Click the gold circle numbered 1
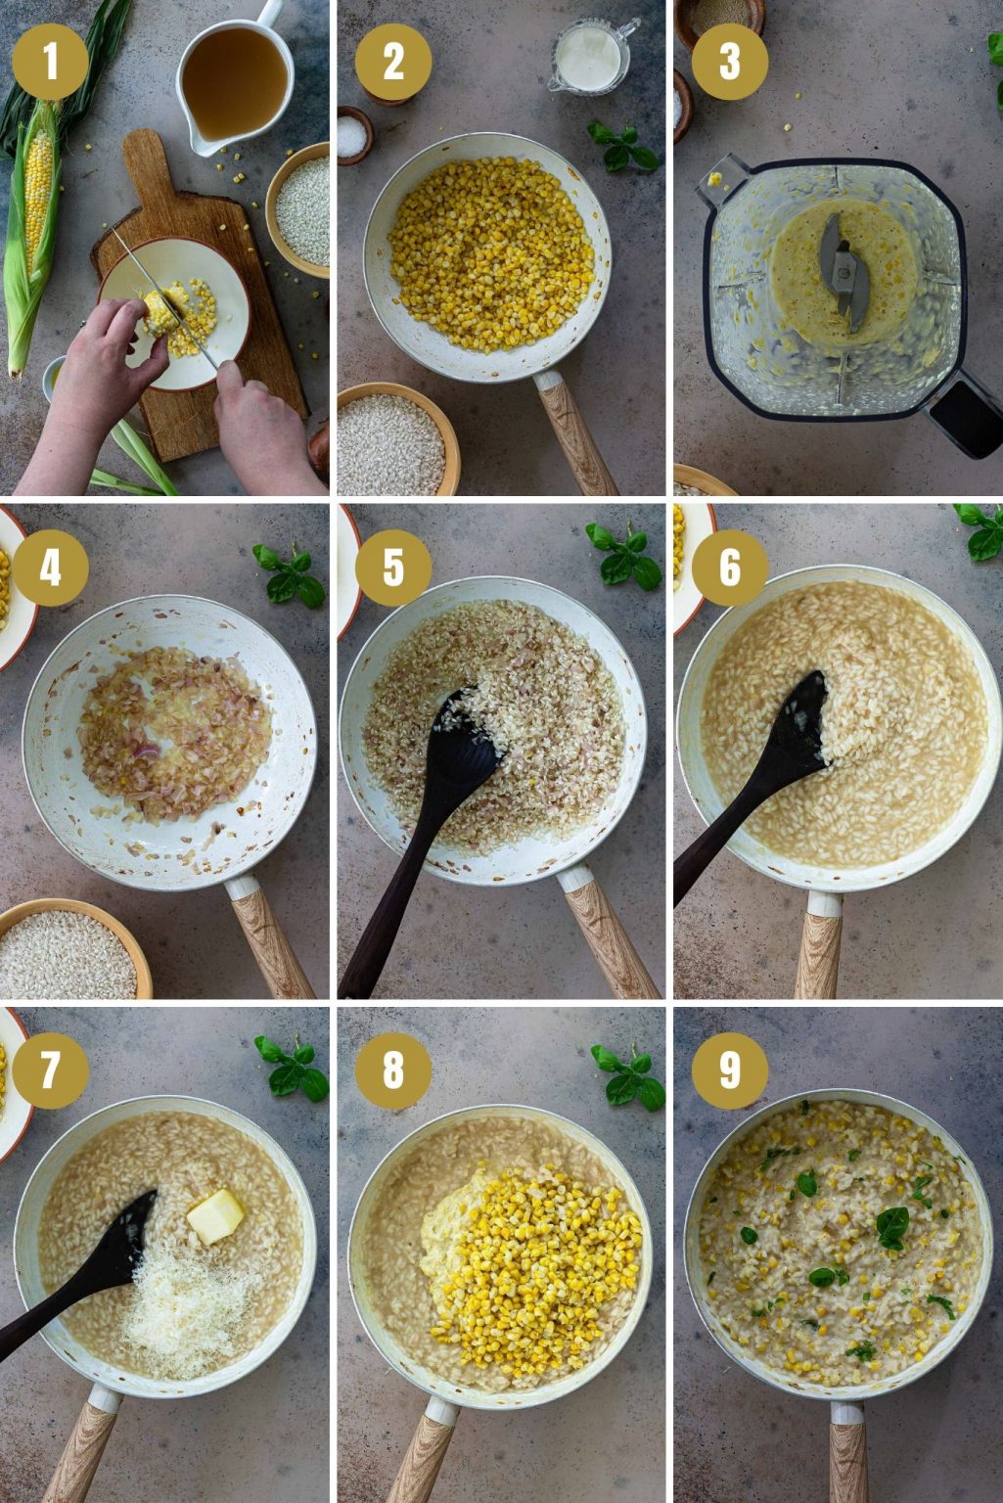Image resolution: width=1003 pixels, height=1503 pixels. tap(50, 62)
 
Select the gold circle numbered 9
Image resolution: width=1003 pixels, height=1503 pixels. tap(730, 1069)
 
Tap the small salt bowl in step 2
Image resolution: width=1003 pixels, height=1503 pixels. tap(354, 134)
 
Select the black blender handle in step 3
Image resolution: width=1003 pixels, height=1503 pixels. tap(965, 416)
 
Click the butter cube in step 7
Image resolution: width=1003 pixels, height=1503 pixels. tap(216, 1215)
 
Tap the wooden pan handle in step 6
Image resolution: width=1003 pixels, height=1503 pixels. tap(819, 948)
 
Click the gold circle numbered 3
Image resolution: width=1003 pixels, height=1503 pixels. tap(730, 62)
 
